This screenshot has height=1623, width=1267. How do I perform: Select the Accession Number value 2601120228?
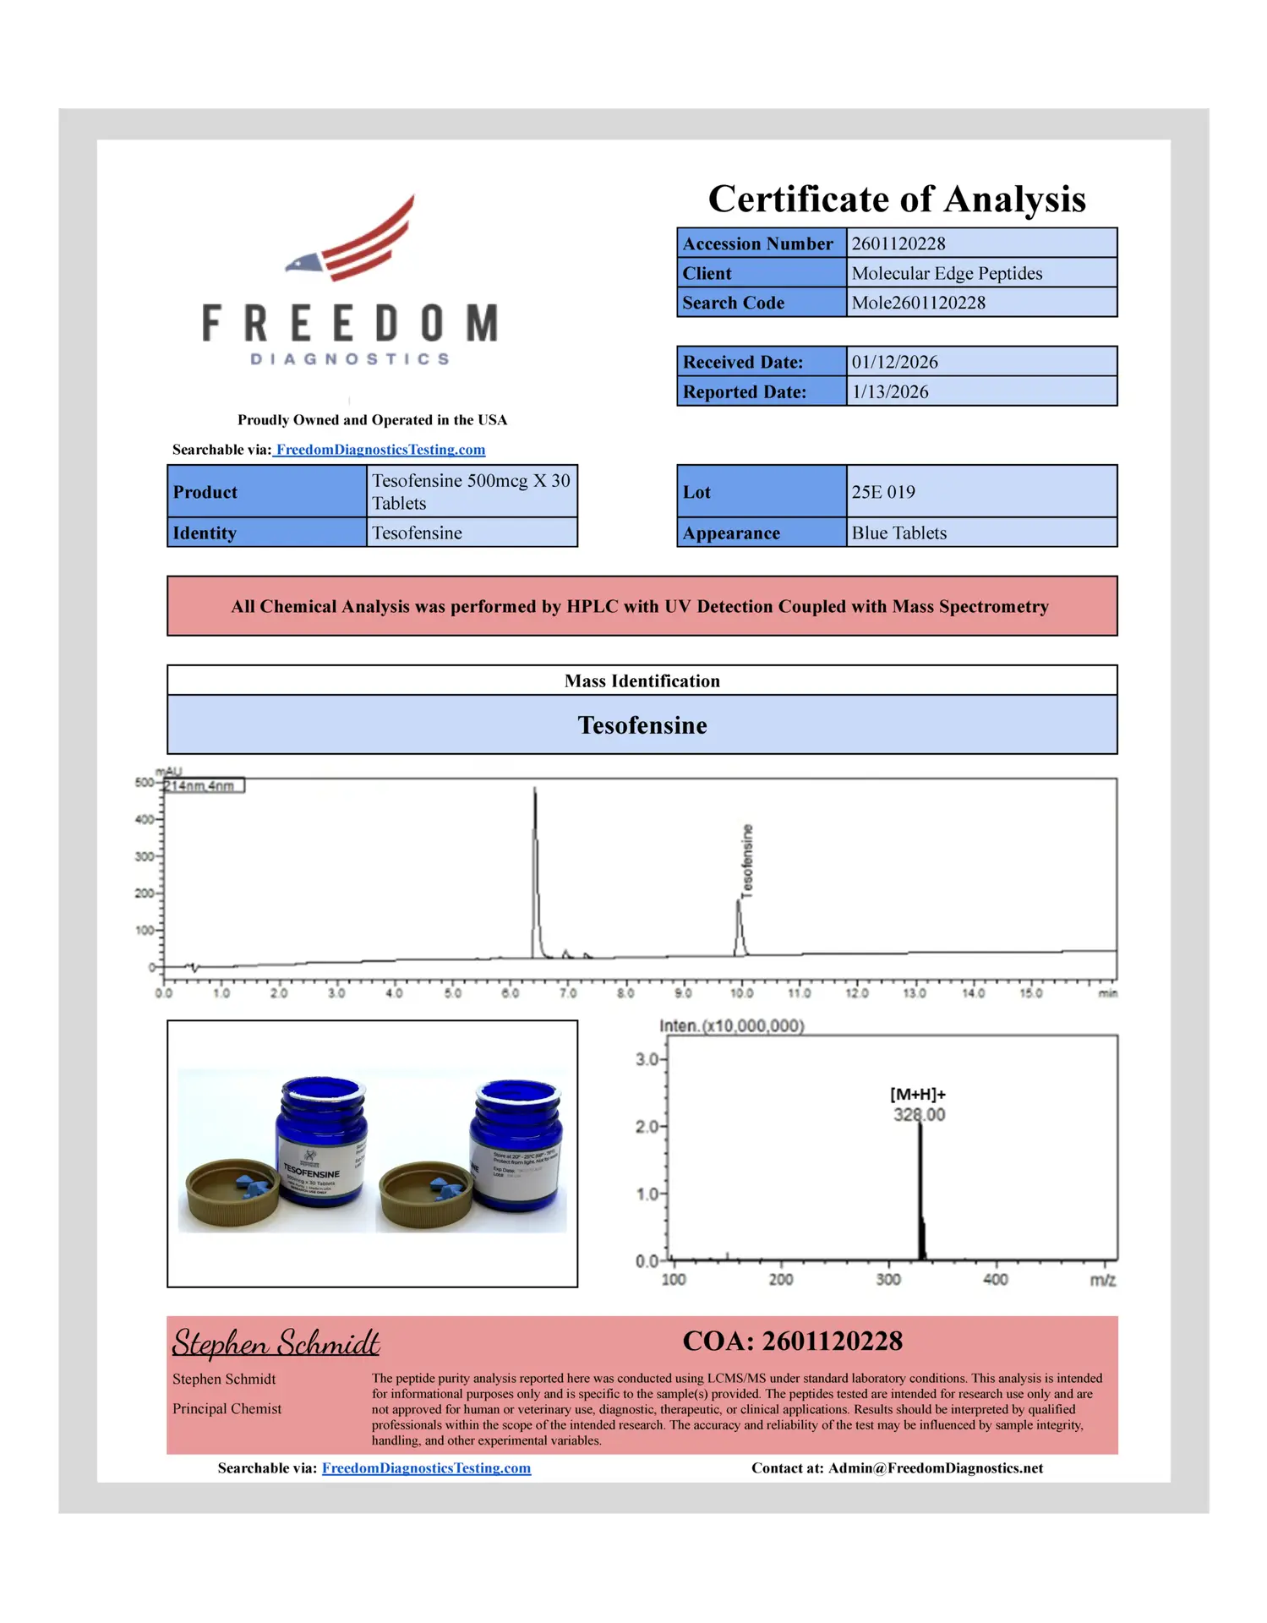click(x=898, y=243)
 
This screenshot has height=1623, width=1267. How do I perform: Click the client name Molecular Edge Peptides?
click(x=946, y=273)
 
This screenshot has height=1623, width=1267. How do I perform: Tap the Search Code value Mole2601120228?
click(x=918, y=303)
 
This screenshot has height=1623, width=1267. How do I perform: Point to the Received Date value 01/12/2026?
click(x=894, y=362)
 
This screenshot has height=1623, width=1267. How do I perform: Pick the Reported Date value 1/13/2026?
click(x=889, y=391)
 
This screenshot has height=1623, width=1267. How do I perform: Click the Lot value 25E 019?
click(x=882, y=492)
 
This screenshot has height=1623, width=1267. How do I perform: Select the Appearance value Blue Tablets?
click(x=898, y=533)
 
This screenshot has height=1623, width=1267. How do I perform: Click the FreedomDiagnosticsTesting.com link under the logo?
click(x=380, y=450)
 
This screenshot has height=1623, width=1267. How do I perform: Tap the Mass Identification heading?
click(x=642, y=680)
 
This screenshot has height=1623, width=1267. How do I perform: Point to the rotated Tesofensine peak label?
click(x=746, y=860)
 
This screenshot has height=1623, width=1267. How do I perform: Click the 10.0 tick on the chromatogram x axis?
click(x=741, y=993)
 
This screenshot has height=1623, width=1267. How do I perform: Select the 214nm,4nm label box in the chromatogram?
click(x=203, y=786)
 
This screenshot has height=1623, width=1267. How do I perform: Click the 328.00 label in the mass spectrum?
click(x=919, y=1115)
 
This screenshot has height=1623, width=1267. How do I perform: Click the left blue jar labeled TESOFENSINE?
click(x=321, y=1141)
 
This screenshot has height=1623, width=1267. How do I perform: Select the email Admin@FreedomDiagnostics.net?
click(x=935, y=1468)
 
